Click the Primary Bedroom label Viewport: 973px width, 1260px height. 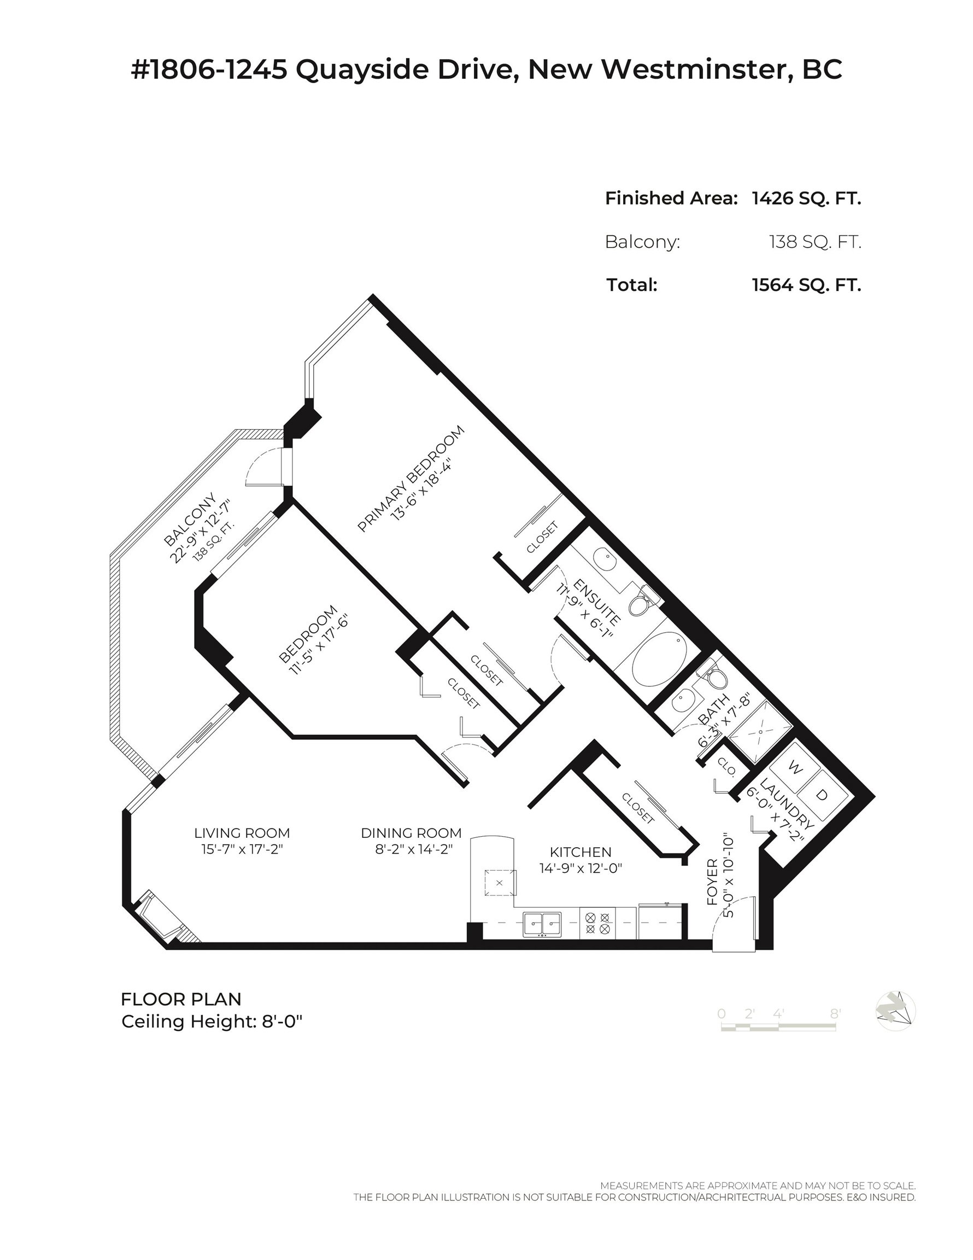coord(411,479)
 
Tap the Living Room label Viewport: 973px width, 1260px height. coord(242,833)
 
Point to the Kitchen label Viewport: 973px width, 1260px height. coord(580,852)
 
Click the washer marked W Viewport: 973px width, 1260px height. coord(795,769)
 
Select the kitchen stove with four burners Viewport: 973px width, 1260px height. coord(597,923)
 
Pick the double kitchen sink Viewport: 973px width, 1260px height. coord(542,924)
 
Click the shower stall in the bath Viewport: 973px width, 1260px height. coord(760,731)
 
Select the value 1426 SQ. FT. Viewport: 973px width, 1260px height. coord(806,199)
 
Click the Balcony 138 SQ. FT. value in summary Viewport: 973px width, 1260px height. coord(814,242)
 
